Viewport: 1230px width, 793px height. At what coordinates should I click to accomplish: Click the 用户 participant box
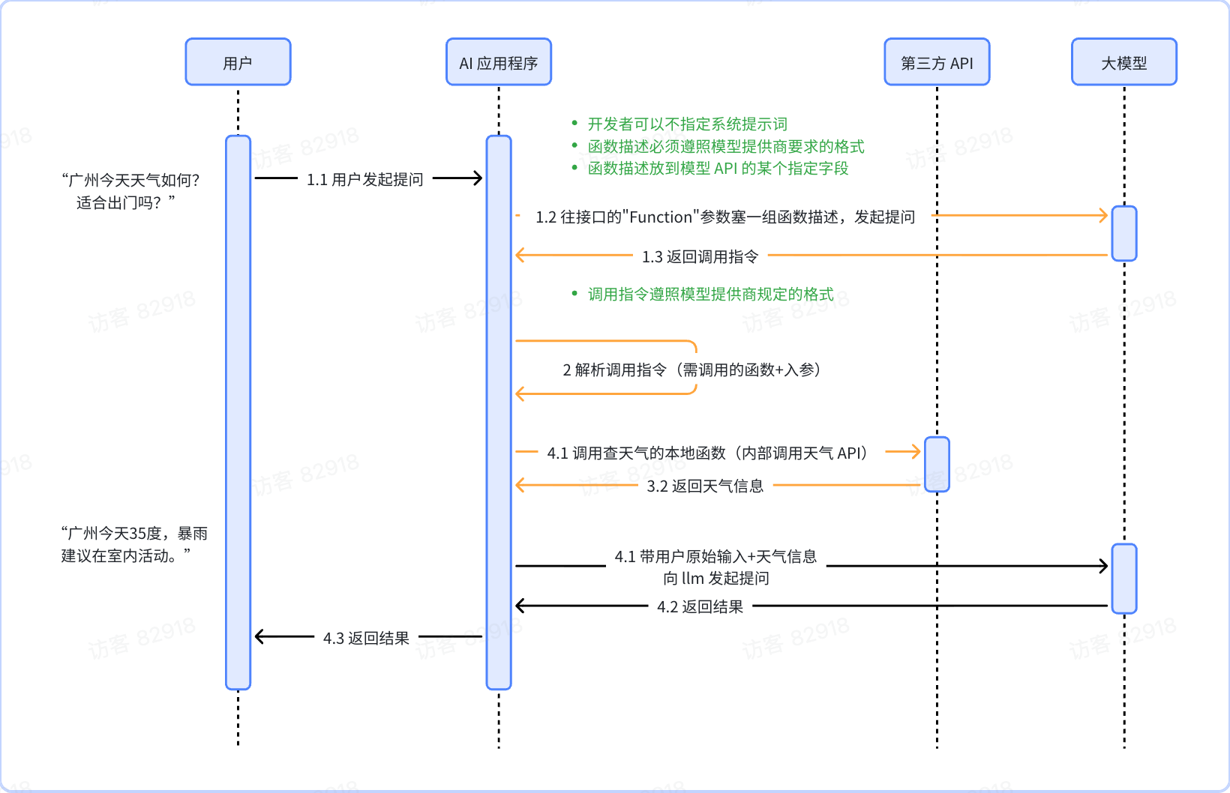(238, 62)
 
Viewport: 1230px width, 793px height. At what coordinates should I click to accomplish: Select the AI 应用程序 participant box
(499, 62)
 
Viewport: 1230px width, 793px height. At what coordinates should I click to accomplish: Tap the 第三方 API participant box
(937, 62)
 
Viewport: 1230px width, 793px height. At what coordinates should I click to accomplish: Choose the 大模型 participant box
(1123, 62)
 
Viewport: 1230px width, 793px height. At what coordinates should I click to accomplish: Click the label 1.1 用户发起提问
(365, 179)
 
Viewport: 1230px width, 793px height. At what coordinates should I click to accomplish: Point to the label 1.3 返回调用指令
(700, 256)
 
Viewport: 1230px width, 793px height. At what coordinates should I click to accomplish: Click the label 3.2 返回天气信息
(705, 486)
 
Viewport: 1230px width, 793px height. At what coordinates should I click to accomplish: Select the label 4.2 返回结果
(700, 606)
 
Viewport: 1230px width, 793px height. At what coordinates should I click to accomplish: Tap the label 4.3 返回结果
(366, 638)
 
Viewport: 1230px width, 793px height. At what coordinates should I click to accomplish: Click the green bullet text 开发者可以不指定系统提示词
(687, 124)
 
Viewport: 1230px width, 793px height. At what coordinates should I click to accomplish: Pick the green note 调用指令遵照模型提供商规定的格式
(710, 294)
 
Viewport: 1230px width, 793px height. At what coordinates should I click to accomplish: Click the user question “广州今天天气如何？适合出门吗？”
(130, 190)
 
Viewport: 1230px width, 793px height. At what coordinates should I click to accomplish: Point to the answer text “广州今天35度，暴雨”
(134, 533)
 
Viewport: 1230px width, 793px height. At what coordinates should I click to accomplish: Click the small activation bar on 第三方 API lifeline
(937, 464)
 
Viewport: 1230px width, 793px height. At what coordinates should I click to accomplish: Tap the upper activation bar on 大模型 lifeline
(1123, 233)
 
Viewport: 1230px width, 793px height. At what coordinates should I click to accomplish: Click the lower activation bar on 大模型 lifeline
(1123, 578)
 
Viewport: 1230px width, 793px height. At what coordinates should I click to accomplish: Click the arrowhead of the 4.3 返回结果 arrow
(260, 637)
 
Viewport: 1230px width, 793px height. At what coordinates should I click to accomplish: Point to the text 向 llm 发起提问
(716, 578)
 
